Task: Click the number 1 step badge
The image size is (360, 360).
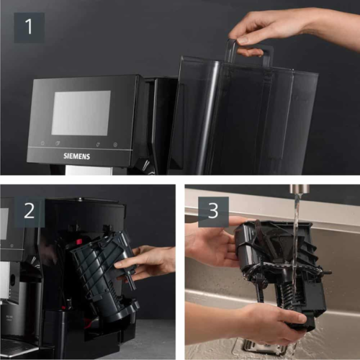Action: click(29, 27)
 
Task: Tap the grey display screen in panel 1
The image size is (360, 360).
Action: click(81, 112)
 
